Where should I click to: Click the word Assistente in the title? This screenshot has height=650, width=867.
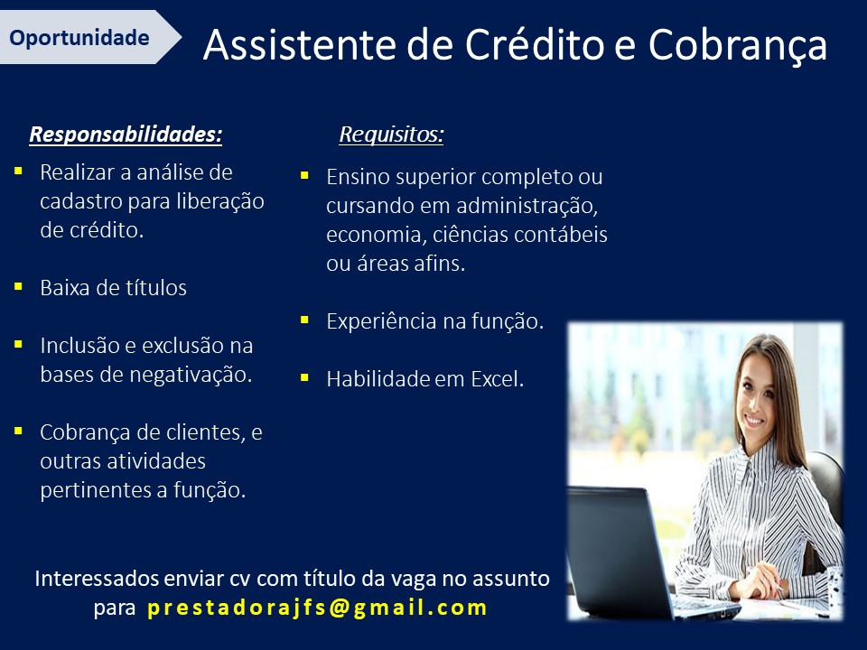click(300, 44)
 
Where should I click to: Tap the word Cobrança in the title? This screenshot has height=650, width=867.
click(738, 46)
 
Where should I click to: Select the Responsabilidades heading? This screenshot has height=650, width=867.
click(126, 135)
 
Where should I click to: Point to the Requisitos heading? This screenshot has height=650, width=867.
click(391, 135)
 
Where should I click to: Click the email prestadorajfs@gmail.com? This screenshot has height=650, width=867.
click(317, 608)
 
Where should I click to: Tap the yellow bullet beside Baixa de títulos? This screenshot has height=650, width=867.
click(18, 286)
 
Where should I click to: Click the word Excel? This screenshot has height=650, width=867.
click(497, 379)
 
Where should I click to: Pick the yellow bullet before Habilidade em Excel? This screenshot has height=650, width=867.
click(304, 378)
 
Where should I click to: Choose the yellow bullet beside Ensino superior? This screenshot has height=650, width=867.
click(304, 176)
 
